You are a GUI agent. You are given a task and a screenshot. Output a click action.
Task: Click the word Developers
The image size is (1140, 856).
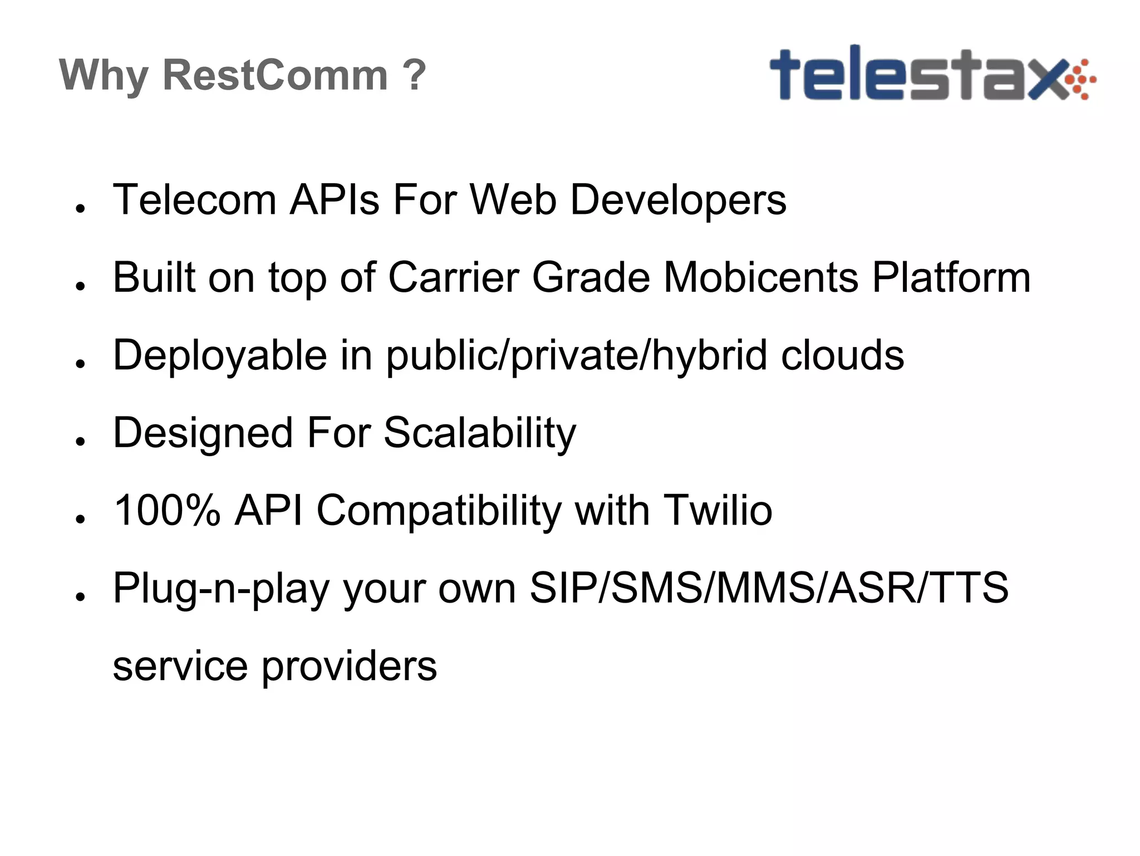tap(678, 200)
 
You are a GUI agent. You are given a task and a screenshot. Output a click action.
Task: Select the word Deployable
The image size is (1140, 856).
tap(220, 355)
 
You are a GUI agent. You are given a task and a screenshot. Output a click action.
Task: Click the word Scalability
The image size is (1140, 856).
tap(480, 433)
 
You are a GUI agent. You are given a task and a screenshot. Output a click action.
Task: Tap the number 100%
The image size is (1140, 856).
tap(167, 510)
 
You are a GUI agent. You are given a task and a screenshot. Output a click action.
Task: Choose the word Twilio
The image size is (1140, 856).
tap(718, 510)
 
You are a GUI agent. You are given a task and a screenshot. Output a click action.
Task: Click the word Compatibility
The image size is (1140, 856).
tap(439, 511)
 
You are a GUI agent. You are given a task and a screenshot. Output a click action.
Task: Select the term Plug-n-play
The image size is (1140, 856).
tap(221, 589)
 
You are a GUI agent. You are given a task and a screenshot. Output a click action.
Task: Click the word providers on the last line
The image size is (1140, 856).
tap(349, 666)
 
